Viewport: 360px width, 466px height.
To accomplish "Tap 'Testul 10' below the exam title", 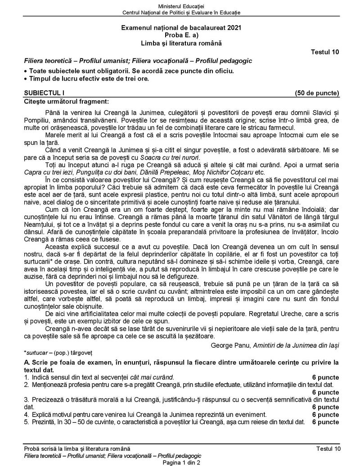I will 325,52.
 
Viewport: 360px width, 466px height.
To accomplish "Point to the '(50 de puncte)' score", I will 317,93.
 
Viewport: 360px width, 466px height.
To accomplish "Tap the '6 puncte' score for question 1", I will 325,377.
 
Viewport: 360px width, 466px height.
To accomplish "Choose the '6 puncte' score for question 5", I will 325,422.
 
